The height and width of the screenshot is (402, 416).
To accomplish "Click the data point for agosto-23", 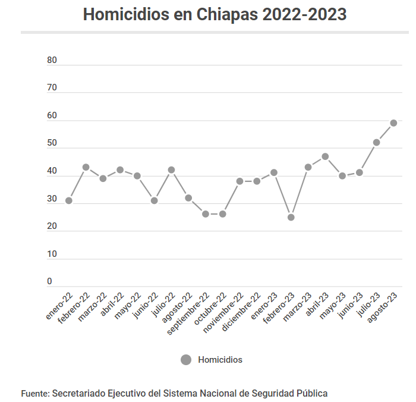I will (393, 123).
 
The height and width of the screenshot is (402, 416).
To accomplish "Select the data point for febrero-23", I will (291, 217).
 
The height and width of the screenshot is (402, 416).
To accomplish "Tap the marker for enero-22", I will (69, 200).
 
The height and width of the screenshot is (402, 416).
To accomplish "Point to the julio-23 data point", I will (376, 142).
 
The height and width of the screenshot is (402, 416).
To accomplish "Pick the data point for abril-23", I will (325, 156).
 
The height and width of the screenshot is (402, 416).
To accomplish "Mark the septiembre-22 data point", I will (206, 213).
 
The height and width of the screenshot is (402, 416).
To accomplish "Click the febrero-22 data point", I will (86, 167).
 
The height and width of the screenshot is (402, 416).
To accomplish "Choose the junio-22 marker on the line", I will (154, 200).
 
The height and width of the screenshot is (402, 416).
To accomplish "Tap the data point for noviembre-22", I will (239, 181).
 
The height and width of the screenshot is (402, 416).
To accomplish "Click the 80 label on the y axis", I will (52, 60).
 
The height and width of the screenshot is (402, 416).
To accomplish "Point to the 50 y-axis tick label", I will (52, 143).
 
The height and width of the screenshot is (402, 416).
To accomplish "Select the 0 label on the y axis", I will (50, 281).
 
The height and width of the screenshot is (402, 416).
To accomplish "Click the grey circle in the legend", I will (186, 360).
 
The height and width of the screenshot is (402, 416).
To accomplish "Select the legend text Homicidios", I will (220, 360).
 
